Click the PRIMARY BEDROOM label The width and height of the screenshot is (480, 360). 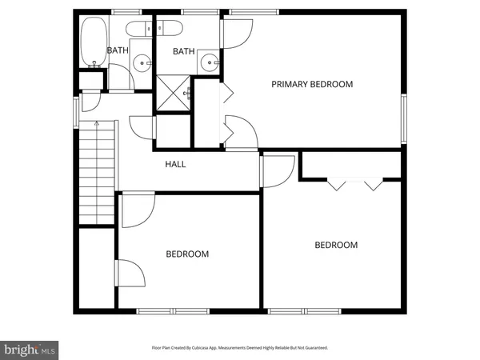311,84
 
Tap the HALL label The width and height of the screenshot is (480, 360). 175,164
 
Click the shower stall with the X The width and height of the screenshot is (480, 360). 173,93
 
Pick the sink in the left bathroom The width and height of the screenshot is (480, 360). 142,61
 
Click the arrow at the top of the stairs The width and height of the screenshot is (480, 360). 96,125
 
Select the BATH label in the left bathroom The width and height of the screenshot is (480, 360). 117,50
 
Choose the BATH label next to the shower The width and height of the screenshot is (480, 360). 184,52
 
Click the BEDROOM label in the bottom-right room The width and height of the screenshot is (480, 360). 335,245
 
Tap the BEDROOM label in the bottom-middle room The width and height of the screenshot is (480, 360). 187,254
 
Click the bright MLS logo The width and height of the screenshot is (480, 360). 30,349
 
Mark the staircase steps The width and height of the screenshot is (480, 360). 96,176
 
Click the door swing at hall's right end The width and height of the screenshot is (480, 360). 276,170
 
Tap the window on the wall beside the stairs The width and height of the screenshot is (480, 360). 77,112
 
